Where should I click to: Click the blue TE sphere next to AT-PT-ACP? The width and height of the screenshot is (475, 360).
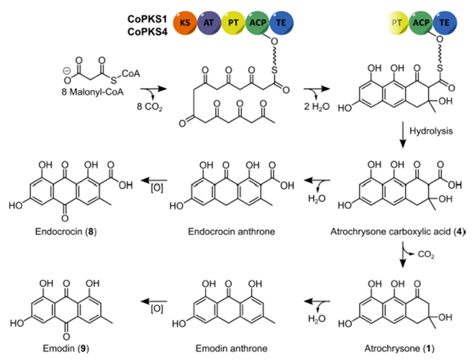pyautogui.click(x=282, y=24)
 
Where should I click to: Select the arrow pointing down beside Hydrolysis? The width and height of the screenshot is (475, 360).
pyautogui.click(x=404, y=135)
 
